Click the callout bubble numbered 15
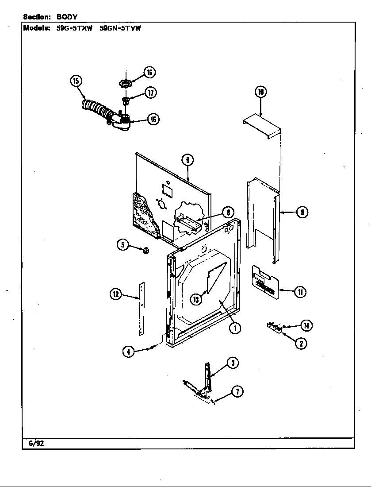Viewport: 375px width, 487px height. (77, 81)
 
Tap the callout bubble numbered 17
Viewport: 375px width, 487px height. (151, 93)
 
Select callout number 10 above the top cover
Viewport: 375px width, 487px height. (260, 92)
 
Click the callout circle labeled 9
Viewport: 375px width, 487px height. (302, 213)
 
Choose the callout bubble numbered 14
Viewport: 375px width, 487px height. (306, 326)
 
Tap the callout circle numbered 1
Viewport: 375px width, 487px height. (234, 328)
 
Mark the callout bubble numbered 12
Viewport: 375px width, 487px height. (116, 294)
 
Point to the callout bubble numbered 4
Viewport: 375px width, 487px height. (129, 352)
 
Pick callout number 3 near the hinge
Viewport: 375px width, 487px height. (233, 363)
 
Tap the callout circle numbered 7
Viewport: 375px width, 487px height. (237, 391)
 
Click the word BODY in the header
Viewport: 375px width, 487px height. (67, 17)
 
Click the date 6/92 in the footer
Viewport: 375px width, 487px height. (37, 443)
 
